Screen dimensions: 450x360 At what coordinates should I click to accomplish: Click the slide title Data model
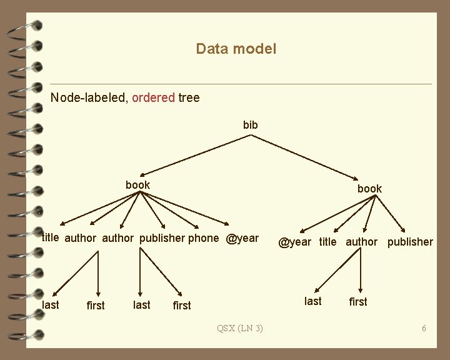(x=236, y=49)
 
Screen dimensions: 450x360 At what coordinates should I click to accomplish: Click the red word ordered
(x=153, y=97)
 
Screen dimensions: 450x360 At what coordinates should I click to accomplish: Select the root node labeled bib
(x=250, y=125)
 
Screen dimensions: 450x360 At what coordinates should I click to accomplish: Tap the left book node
(x=137, y=185)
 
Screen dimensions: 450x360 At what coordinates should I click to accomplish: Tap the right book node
(x=369, y=188)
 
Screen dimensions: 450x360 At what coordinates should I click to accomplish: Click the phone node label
(x=204, y=238)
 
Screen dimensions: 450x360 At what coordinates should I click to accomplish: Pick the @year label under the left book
(x=242, y=238)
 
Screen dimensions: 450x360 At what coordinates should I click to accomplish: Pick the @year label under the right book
(x=295, y=242)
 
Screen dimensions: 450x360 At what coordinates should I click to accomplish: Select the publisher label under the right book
(x=410, y=242)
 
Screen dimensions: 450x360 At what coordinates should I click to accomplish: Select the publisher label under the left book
(x=162, y=238)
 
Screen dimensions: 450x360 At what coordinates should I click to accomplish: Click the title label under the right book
(x=327, y=242)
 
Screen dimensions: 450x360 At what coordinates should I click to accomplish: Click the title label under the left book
(x=50, y=237)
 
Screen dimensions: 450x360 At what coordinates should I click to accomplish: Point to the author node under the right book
(x=362, y=242)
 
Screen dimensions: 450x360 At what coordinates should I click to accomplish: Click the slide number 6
(x=424, y=328)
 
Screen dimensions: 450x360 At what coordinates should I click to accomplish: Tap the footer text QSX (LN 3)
(x=239, y=328)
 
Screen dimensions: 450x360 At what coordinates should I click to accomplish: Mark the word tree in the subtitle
(x=189, y=97)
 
